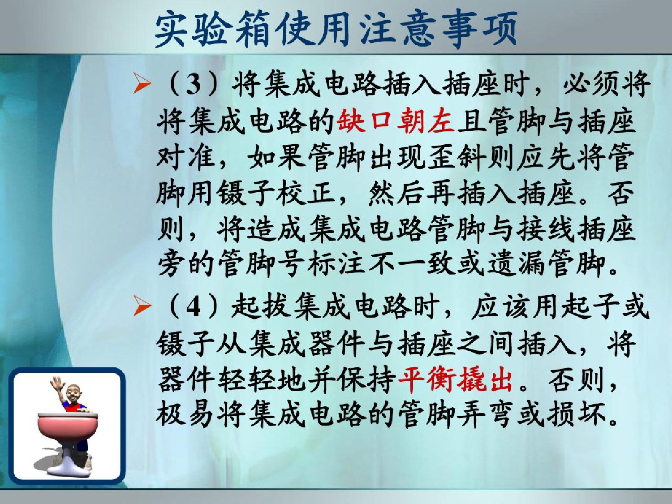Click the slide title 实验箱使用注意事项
(x=336, y=30)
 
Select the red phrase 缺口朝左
(x=395, y=122)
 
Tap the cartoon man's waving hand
(x=56, y=384)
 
